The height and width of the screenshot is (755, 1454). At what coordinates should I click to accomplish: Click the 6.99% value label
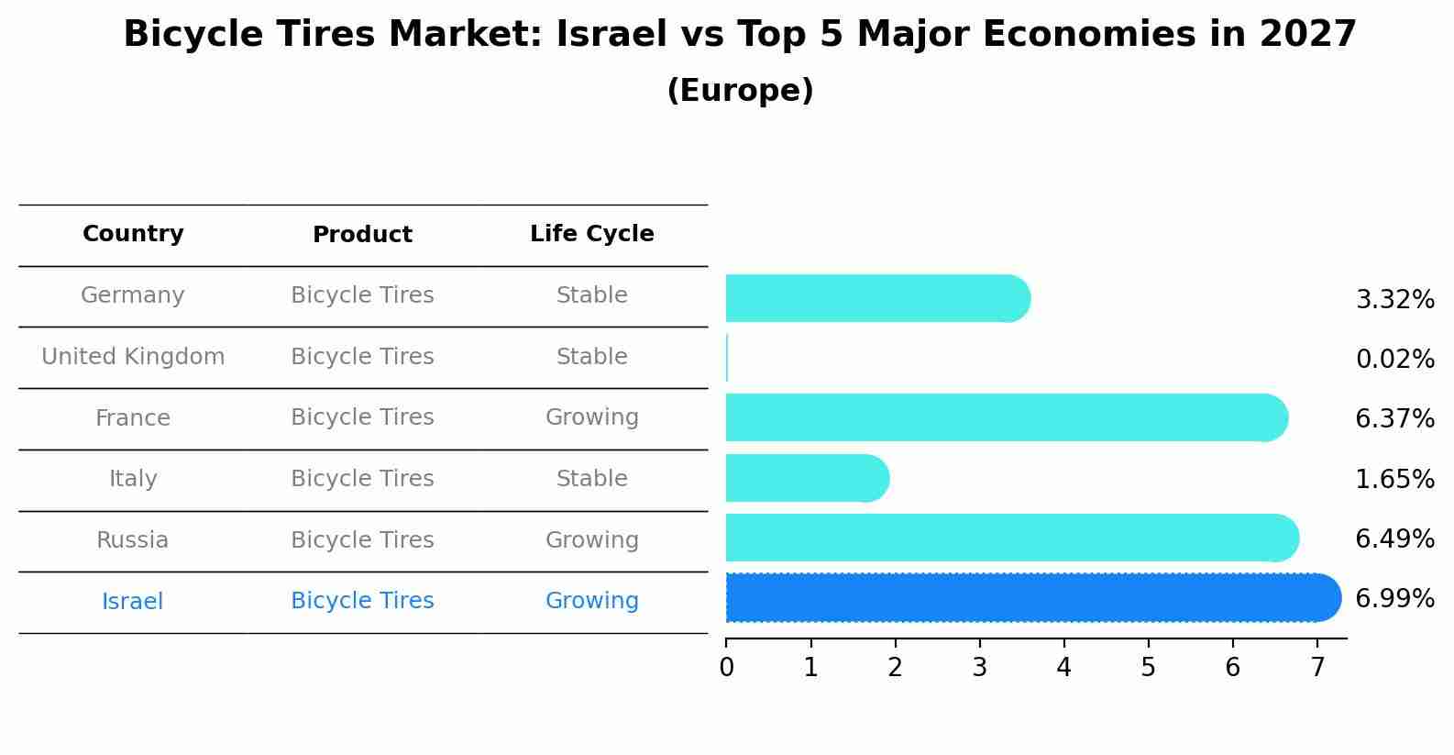pos(1394,599)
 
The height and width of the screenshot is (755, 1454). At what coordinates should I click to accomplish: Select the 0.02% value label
pos(1394,360)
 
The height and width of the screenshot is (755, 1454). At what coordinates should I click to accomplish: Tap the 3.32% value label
pos(1394,300)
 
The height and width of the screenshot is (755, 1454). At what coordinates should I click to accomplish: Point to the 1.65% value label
pos(1394,479)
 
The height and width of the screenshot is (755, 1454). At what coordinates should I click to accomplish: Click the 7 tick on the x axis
pos(1317,668)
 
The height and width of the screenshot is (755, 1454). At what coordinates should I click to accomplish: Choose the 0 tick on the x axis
pos(726,668)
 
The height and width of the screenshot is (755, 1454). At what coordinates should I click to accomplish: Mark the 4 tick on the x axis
pos(1063,668)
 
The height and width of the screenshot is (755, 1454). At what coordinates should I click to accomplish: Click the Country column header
pos(133,234)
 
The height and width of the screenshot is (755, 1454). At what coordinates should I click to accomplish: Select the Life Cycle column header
pos(591,234)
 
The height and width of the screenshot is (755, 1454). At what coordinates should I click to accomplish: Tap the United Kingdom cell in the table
pos(133,357)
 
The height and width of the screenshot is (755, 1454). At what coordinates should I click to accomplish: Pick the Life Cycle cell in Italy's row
pos(591,479)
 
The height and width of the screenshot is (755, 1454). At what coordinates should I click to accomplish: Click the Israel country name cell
pos(133,602)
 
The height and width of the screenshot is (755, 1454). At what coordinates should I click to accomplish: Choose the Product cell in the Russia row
pos(362,540)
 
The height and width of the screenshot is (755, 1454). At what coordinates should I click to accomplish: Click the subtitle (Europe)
pos(740,91)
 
